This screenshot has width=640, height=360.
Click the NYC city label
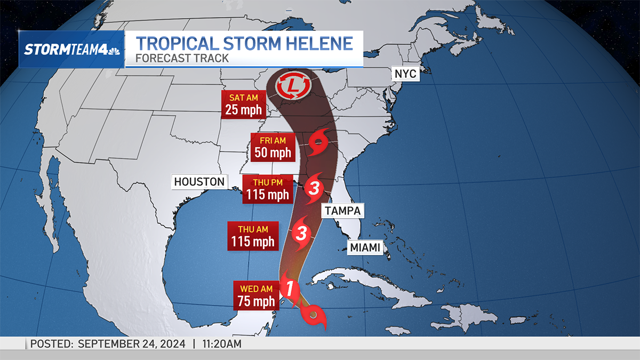(405, 74)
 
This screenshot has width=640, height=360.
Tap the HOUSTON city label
(199, 182)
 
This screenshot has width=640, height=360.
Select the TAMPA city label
(342, 211)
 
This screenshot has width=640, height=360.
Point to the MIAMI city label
(365, 247)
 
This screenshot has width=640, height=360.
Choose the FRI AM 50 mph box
(273, 147)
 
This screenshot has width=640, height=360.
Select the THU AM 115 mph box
(253, 235)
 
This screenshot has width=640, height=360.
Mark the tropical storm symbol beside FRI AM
(319, 142)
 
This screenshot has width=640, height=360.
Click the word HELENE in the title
(315, 43)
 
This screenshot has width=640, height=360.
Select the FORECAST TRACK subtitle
(182, 58)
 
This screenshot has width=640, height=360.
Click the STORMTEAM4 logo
(71, 49)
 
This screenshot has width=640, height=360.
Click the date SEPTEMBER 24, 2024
(132, 344)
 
